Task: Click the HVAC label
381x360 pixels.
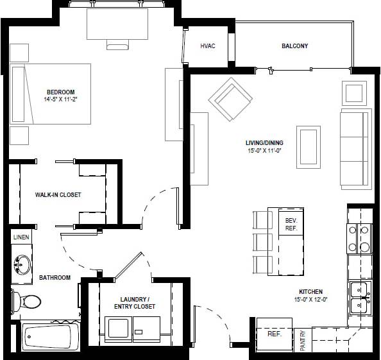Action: point(207,46)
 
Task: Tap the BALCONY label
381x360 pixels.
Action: point(294,46)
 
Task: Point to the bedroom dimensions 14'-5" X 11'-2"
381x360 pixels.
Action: point(60,99)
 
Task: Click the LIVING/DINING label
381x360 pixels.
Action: point(264,143)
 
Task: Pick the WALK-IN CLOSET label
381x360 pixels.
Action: point(58,195)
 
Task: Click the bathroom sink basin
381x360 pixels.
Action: point(22,264)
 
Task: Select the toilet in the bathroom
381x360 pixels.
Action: point(26,300)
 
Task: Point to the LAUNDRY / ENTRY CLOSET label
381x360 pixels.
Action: point(135,303)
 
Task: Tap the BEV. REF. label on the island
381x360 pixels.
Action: point(291,224)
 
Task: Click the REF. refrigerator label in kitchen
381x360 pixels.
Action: point(274,334)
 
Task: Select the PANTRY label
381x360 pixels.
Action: point(303,340)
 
